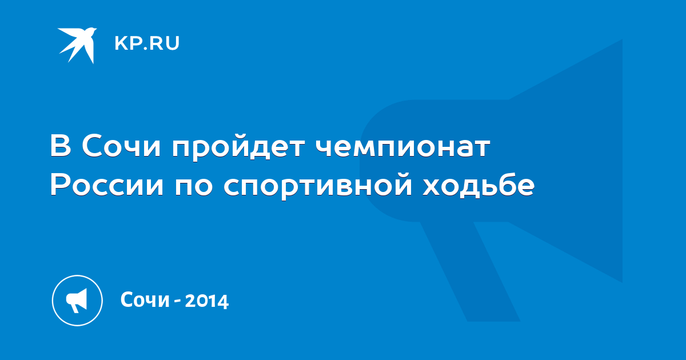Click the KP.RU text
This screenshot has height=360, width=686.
(147, 43)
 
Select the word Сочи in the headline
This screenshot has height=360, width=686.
(121, 146)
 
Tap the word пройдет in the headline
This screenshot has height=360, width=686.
(238, 148)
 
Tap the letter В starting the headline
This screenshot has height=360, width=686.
(61, 146)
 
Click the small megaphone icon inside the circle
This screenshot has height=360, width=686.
(77, 301)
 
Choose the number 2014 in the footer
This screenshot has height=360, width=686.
(207, 301)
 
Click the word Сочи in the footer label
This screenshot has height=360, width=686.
(145, 299)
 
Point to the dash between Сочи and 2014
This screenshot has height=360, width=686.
(177, 302)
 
